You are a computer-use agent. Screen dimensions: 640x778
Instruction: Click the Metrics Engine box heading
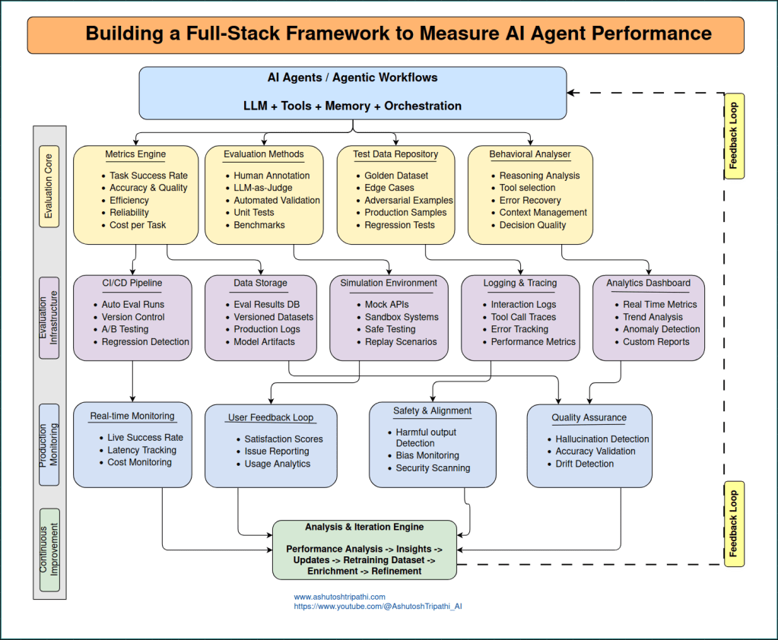click(135, 154)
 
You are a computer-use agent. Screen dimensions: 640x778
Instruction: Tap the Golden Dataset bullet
click(395, 176)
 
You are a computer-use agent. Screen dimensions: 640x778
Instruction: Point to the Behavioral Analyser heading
click(529, 154)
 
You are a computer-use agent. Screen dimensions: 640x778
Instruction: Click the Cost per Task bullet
click(138, 225)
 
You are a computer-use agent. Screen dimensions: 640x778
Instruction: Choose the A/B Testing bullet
click(125, 329)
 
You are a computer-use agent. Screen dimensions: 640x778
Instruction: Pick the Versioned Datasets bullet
click(273, 317)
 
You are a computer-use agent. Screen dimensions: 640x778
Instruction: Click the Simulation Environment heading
click(389, 283)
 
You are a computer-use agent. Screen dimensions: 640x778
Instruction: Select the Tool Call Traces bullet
click(523, 317)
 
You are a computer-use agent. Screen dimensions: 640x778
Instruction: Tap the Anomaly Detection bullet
click(662, 329)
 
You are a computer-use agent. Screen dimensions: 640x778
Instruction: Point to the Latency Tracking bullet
click(141, 450)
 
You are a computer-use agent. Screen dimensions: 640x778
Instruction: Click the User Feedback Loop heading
click(272, 417)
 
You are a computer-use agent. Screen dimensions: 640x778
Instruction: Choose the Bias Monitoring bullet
click(427, 455)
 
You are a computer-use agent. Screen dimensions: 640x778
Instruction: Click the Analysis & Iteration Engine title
click(364, 527)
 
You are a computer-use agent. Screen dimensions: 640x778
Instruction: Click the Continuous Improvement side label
click(49, 550)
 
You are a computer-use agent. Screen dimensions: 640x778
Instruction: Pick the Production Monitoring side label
click(49, 445)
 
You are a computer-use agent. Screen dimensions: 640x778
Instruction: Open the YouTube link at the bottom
click(378, 607)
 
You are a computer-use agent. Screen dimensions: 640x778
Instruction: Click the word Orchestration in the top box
click(423, 106)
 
